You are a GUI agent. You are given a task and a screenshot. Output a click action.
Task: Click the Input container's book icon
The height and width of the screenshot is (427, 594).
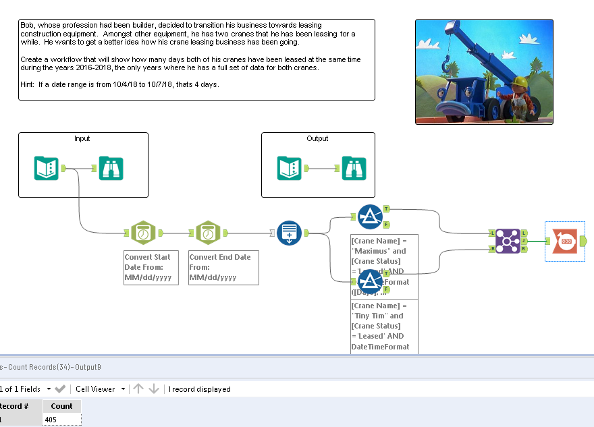coord(47,168)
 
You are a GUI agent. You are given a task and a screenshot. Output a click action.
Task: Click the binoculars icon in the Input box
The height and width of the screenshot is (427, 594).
coord(110,168)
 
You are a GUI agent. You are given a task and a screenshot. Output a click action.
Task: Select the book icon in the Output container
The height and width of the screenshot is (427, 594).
coord(290,168)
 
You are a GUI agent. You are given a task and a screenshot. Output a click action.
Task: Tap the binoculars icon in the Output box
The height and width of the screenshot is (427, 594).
coord(353,168)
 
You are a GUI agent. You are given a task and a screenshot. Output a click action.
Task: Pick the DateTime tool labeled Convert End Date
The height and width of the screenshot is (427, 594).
coord(209,233)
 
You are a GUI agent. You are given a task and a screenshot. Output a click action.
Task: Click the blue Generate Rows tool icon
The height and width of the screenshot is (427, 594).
coord(289,233)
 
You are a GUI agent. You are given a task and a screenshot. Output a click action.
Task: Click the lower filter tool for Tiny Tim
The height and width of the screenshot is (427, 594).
coord(370,281)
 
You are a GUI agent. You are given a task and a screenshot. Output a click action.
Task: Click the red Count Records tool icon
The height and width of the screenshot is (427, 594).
coord(565,241)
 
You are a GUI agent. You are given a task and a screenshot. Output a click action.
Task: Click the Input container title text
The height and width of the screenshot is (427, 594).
coord(82,139)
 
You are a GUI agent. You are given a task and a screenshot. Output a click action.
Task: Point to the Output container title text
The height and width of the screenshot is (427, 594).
coord(317,139)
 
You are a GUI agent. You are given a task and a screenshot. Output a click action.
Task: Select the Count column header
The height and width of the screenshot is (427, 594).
coord(61,406)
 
